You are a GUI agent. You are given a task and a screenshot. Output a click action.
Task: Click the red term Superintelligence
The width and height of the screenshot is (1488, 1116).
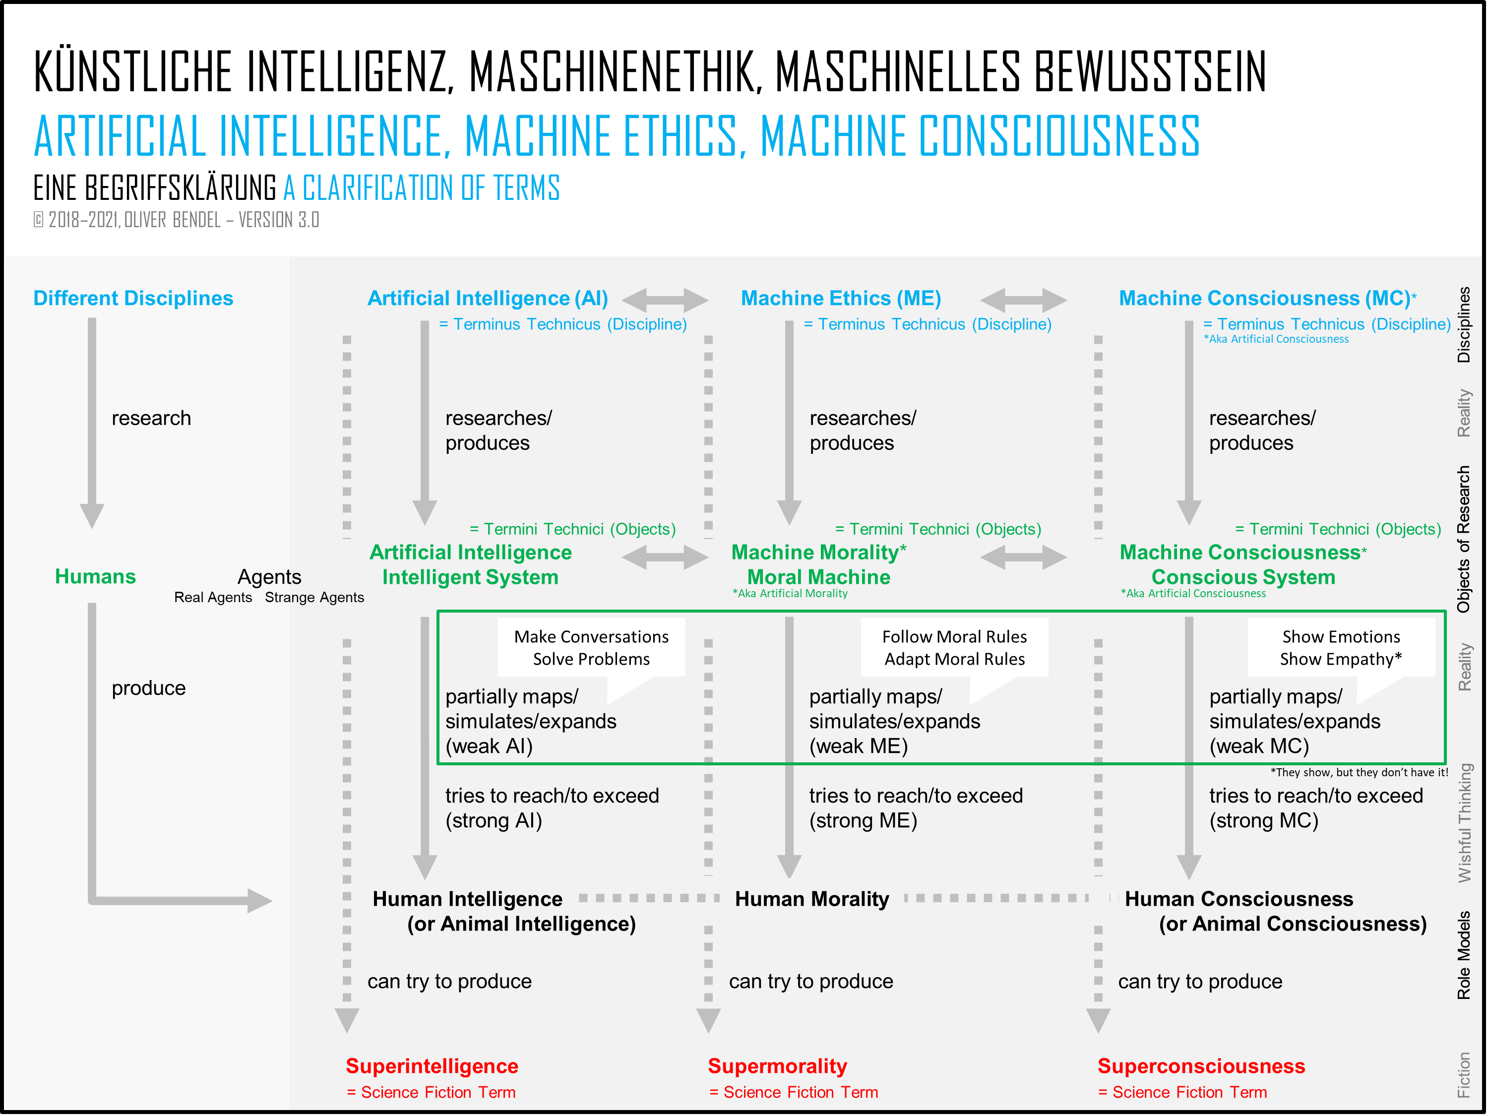pyautogui.click(x=432, y=1066)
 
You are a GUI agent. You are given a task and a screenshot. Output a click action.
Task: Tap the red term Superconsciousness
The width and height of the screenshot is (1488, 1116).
pyautogui.click(x=1201, y=1066)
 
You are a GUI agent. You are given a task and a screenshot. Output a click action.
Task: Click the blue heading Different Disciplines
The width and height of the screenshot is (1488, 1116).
pyautogui.click(x=133, y=298)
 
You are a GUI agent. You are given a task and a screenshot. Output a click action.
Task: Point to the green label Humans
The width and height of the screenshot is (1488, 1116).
pyautogui.click(x=96, y=576)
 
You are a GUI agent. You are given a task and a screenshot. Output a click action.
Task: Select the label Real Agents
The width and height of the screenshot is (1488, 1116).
pyautogui.click(x=213, y=597)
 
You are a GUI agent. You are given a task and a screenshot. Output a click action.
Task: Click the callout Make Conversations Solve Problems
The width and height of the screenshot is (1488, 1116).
pyautogui.click(x=591, y=648)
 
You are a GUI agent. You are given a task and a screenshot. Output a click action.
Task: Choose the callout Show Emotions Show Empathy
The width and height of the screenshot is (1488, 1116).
pyautogui.click(x=1341, y=648)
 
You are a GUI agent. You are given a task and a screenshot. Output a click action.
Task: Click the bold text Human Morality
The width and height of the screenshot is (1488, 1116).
pyautogui.click(x=812, y=899)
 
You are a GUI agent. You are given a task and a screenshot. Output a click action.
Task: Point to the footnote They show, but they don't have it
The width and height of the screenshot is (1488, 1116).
pyautogui.click(x=1359, y=772)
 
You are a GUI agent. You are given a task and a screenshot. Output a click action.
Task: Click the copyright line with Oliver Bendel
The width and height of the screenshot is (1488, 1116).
pyautogui.click(x=176, y=220)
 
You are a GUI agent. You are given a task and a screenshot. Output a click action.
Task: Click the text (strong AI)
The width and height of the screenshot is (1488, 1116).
pyautogui.click(x=494, y=821)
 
